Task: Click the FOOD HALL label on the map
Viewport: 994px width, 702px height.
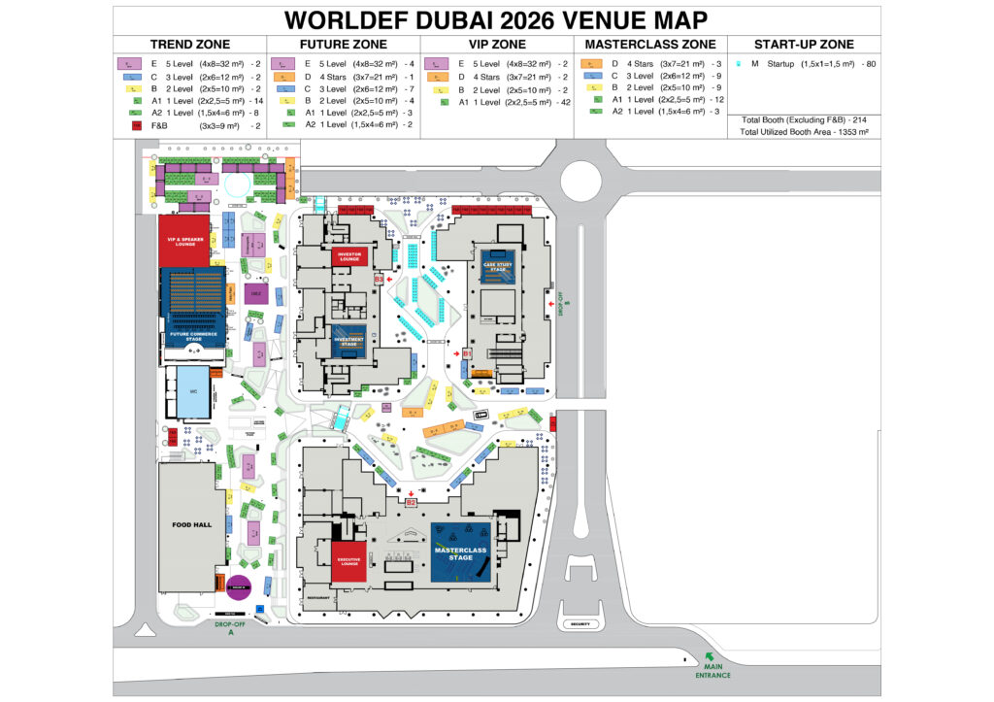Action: [191, 524]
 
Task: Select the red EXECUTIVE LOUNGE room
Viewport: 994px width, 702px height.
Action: [350, 561]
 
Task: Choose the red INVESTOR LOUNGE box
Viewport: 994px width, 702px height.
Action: [349, 257]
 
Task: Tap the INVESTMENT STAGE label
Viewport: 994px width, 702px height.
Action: [350, 342]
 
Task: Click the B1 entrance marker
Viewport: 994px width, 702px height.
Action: [466, 355]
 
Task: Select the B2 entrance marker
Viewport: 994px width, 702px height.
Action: [411, 502]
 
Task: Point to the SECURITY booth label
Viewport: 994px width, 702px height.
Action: [580, 624]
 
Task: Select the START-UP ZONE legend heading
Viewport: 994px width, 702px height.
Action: [804, 45]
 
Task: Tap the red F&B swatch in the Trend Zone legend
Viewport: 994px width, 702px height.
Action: [136, 125]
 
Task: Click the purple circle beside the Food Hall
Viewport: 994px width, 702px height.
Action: [238, 586]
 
